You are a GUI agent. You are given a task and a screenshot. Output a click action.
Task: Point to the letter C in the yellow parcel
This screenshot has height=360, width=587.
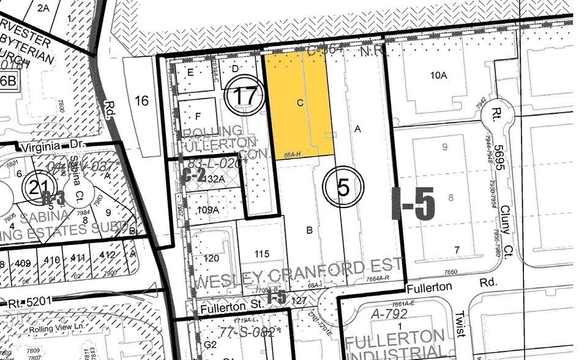pos(300,103)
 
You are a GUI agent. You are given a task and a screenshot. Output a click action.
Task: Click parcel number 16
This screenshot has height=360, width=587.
pos(141,100)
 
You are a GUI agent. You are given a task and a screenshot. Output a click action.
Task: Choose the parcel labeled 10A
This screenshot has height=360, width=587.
pos(439,75)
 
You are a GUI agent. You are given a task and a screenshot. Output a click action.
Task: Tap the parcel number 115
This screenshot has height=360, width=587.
pos(262,253)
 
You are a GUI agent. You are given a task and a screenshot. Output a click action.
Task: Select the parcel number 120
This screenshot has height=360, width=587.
pos(211,258)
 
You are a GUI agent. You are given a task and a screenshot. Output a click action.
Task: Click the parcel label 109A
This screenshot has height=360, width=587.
pos(208,209)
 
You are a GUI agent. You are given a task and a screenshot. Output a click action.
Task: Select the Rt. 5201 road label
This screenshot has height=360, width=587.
pos(26,303)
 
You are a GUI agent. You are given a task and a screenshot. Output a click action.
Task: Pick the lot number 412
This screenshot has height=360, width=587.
pos(107,255)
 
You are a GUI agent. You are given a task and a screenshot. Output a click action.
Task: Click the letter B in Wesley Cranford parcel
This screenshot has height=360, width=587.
pos(310,230)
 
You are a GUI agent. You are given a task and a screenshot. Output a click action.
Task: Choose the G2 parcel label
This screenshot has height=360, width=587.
pos(210,345)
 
